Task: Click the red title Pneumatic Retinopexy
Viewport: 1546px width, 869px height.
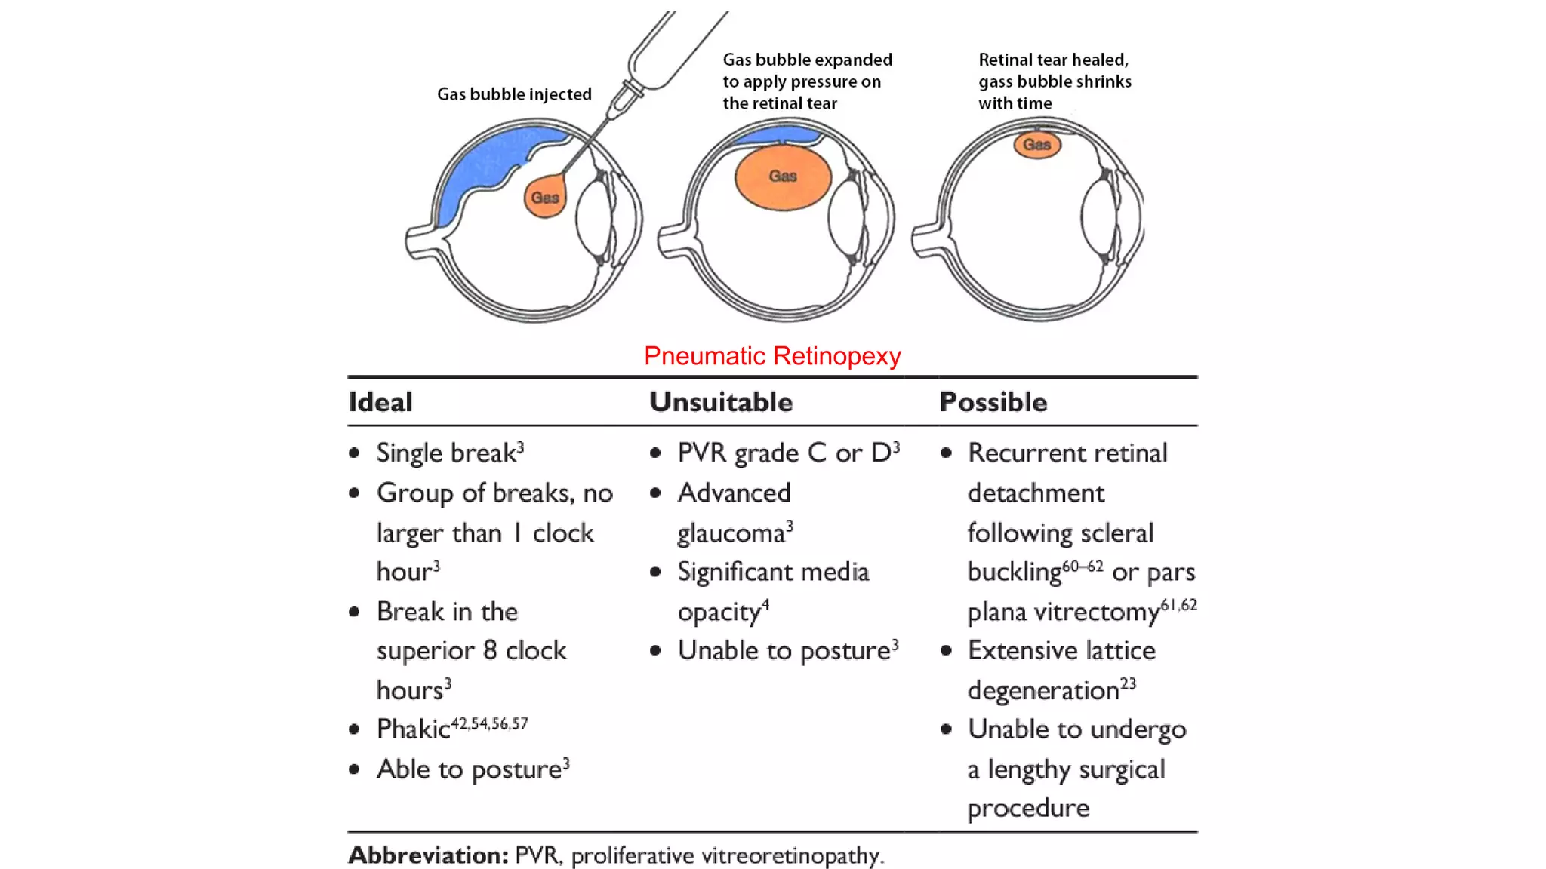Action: click(x=772, y=356)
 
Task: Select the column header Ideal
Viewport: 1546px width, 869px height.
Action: click(x=380, y=402)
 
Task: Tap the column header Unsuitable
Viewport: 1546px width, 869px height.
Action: click(x=721, y=402)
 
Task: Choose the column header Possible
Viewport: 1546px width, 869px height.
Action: click(x=993, y=402)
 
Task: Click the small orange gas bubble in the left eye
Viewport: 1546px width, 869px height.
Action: click(x=544, y=198)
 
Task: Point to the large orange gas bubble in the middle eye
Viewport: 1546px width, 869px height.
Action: click(x=783, y=177)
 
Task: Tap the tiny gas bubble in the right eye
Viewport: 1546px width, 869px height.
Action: click(x=1036, y=144)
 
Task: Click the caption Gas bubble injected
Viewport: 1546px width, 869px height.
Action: click(x=514, y=94)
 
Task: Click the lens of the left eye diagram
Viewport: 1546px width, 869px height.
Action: click(x=594, y=219)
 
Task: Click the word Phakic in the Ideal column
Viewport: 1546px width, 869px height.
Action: click(x=413, y=729)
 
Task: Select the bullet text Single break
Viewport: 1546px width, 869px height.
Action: click(x=445, y=453)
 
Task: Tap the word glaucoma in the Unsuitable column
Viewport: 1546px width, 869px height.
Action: click(x=731, y=533)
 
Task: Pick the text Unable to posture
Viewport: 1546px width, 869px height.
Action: click(x=784, y=650)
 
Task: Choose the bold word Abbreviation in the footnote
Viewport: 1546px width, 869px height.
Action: click(x=428, y=855)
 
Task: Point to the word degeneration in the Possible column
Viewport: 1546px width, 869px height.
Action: click(x=1043, y=690)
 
